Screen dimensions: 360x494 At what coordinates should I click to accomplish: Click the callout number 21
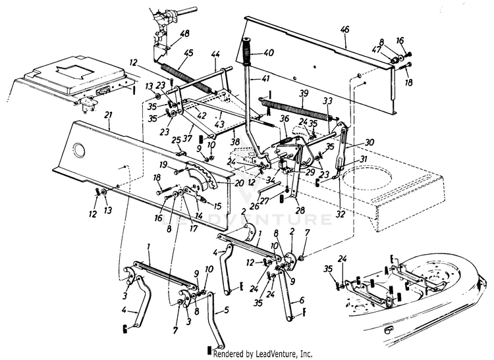[108, 115]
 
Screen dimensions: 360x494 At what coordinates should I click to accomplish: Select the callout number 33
[327, 101]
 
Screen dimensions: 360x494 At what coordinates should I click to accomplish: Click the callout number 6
[302, 301]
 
